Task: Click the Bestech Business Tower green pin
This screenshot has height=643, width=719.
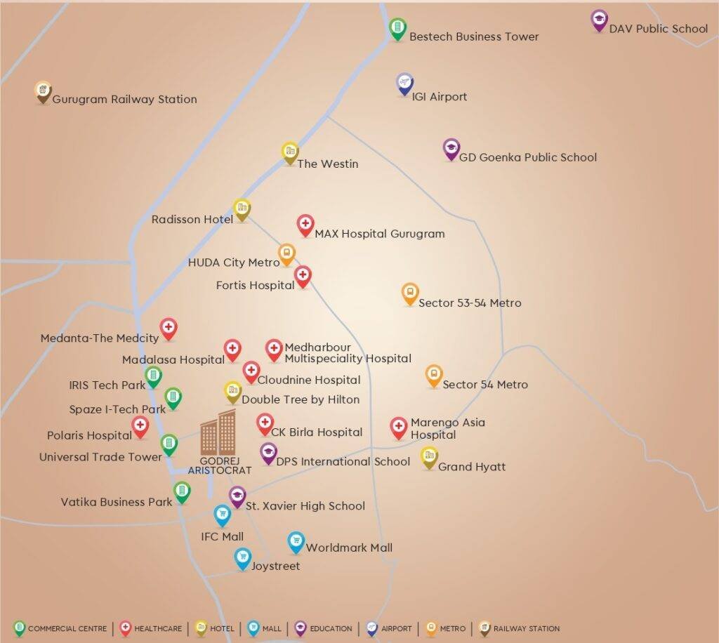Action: [x=397, y=28]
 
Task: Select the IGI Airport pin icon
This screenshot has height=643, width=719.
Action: [x=404, y=84]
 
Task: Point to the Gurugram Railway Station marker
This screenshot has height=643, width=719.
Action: [x=44, y=91]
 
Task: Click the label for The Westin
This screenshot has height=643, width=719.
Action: [x=328, y=164]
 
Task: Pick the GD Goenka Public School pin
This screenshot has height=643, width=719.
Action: [x=451, y=148]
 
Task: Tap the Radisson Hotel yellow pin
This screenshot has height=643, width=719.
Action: [x=242, y=208]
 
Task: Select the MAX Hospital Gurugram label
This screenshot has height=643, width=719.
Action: [x=379, y=234]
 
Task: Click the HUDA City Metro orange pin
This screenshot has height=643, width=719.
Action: [x=286, y=253]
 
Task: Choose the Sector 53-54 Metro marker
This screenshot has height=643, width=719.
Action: [x=410, y=293]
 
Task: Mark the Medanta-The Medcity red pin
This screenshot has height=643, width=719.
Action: [x=168, y=328]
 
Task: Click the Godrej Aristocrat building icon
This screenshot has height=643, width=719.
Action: [x=218, y=432]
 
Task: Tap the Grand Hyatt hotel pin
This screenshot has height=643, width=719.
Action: [x=429, y=457]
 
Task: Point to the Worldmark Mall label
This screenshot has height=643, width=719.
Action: [x=349, y=548]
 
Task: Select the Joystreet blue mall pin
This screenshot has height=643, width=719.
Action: [x=243, y=558]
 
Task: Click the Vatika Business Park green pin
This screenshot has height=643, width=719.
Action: [x=182, y=491]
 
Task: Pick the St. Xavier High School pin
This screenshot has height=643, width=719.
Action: [x=237, y=496]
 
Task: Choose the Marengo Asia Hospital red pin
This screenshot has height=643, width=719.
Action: [x=398, y=427]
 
